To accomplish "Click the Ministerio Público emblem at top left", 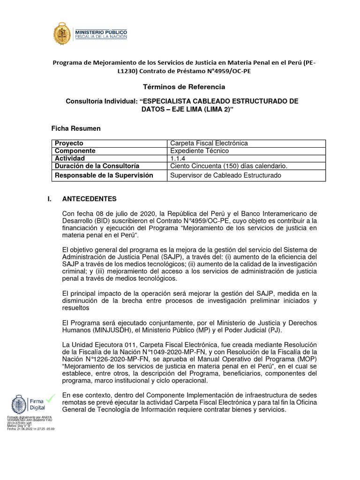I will [x=62, y=35].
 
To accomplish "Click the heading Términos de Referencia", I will [x=180, y=87].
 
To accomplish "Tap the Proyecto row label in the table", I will [x=69, y=143].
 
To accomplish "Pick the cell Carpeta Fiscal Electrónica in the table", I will [x=209, y=143].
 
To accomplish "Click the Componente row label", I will [x=75, y=151].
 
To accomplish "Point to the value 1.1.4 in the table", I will [x=178, y=158].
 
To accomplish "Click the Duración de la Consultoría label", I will [x=97, y=166].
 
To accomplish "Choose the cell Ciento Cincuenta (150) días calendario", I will [x=229, y=166].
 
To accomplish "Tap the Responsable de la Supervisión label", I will [x=104, y=175].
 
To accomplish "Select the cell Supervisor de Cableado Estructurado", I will [x=225, y=175].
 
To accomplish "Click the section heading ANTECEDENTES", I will [x=90, y=199].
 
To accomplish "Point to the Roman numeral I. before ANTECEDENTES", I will [x=49, y=199].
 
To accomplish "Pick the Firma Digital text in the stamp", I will [x=39, y=405].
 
